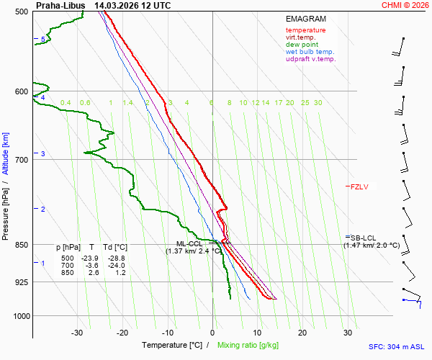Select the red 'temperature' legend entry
pos(305,30)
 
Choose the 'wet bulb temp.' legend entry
pos(310,52)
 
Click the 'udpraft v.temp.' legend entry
pos(310,59)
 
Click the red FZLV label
pos(359,186)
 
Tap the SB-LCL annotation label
pos(364,238)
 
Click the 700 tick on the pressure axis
pos(21,160)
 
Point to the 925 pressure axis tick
pos(21,282)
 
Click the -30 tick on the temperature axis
pos(77,333)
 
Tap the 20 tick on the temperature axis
pos(302,333)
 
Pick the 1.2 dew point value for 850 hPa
pos(120,273)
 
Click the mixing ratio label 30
pos(318,103)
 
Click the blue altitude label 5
pos(43,40)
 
